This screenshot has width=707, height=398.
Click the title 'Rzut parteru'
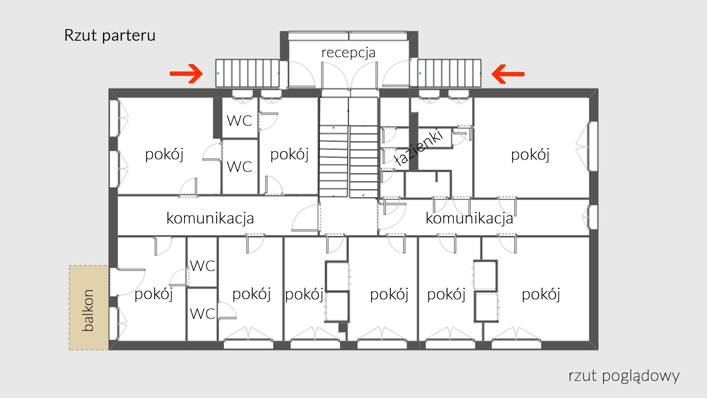(110, 36)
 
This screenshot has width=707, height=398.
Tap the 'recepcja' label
(348, 53)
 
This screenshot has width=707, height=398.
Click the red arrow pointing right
(186, 74)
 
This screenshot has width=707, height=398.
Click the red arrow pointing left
(508, 74)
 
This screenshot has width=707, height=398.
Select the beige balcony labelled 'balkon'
(88, 308)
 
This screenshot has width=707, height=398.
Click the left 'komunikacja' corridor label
(210, 218)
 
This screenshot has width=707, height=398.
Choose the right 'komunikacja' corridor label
(469, 218)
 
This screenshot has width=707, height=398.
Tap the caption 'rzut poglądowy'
(624, 376)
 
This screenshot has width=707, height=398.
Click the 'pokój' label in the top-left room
(164, 154)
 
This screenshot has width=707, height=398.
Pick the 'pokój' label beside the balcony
(154, 294)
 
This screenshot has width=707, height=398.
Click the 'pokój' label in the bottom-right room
(541, 294)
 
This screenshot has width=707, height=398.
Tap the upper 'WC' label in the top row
(239, 121)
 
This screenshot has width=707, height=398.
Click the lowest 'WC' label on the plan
(203, 314)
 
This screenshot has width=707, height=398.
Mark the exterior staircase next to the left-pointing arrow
(449, 73)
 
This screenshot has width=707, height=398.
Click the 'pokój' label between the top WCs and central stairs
(289, 154)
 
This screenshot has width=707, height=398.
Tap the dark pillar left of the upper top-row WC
(217, 118)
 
